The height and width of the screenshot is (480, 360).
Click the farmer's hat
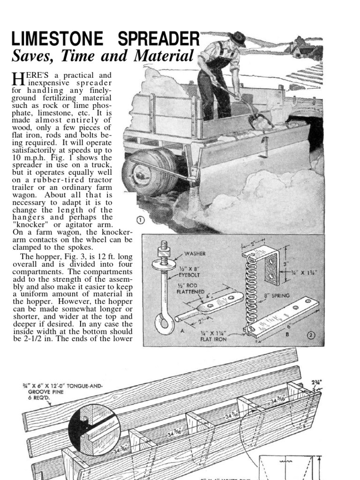[238, 37]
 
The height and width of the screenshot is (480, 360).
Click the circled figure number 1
[140, 220]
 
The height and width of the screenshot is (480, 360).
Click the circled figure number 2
[311, 335]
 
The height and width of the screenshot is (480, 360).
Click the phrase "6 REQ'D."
[39, 397]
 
